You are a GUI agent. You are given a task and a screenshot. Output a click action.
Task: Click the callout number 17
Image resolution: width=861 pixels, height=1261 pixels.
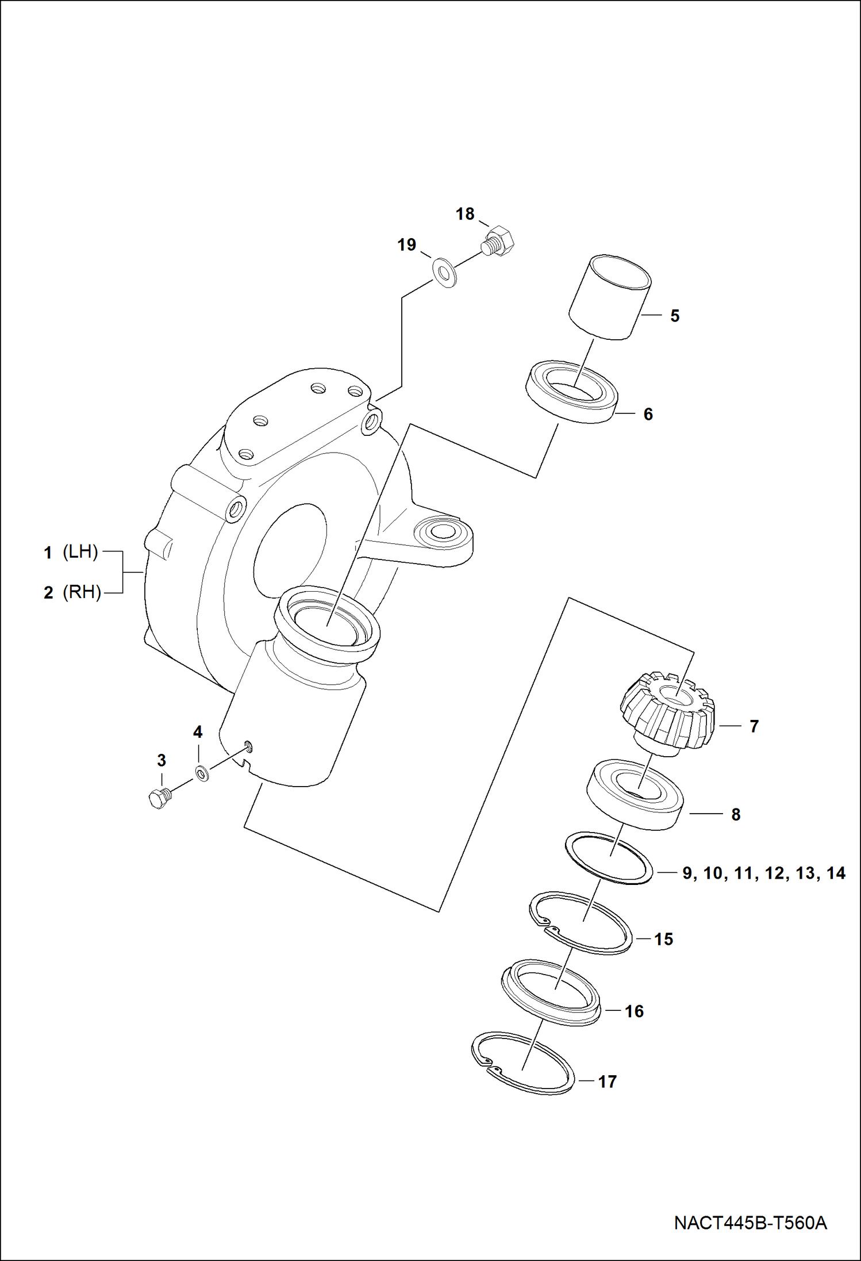tap(607, 1082)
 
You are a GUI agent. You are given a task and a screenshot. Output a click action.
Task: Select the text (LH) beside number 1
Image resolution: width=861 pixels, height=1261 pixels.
tap(80, 552)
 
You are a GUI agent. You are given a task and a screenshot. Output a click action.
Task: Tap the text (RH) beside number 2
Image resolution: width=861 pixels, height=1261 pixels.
tap(82, 592)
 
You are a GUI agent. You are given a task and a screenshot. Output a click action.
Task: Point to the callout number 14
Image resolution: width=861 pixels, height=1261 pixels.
tap(836, 873)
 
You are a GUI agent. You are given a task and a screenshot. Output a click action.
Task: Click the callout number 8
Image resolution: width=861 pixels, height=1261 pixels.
tap(736, 814)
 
